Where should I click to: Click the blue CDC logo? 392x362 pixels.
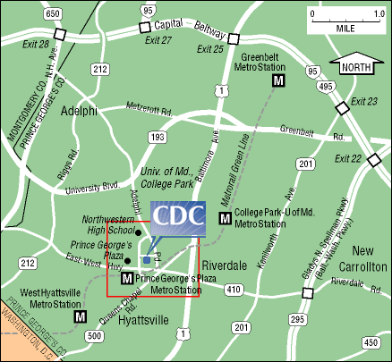178,217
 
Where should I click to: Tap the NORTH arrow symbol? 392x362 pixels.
356,65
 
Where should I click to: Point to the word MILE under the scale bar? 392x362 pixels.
344,26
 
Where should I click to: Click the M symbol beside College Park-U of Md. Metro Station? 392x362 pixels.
225,218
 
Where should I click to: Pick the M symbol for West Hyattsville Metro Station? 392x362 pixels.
81,316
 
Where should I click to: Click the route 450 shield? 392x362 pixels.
371,342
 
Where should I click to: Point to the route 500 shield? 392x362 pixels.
95,335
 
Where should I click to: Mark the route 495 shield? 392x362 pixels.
325,87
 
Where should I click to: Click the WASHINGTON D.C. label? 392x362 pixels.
32,331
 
